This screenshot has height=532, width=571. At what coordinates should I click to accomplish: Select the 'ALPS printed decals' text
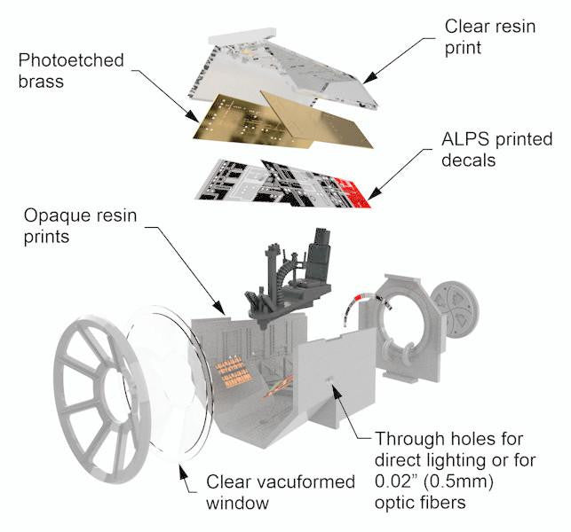click(x=496, y=150)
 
